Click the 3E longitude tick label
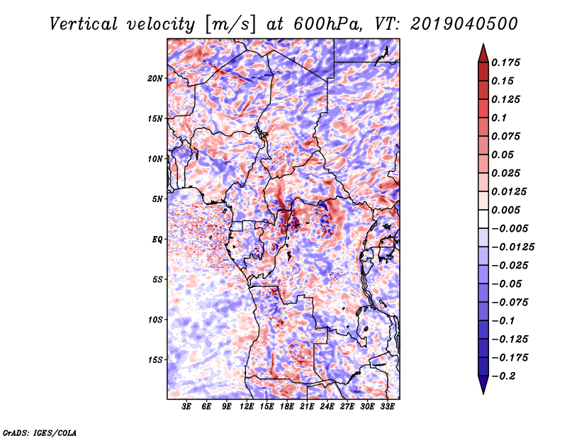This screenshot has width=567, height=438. point(187,408)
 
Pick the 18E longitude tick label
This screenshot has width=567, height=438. point(287,408)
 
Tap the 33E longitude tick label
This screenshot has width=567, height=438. point(387,408)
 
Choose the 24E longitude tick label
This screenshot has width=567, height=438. point(327,408)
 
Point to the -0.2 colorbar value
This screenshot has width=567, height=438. point(505,376)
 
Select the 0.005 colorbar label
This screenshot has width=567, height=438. point(507,210)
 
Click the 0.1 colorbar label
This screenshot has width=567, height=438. point(500,118)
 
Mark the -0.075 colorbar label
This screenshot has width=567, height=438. point(510,302)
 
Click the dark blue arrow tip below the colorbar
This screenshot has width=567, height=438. point(482,389)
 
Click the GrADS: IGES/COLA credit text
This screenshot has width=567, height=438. point(39,432)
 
